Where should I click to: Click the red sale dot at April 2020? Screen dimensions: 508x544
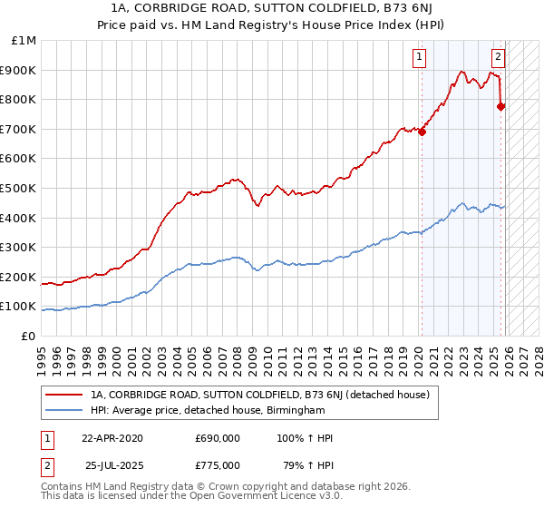[x=423, y=132]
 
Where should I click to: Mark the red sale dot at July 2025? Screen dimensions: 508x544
[x=502, y=106]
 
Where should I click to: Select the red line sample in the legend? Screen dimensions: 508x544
[x=64, y=395]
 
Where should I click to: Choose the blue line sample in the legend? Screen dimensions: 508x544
[x=64, y=410]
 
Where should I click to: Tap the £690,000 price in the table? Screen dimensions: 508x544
[x=218, y=438]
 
